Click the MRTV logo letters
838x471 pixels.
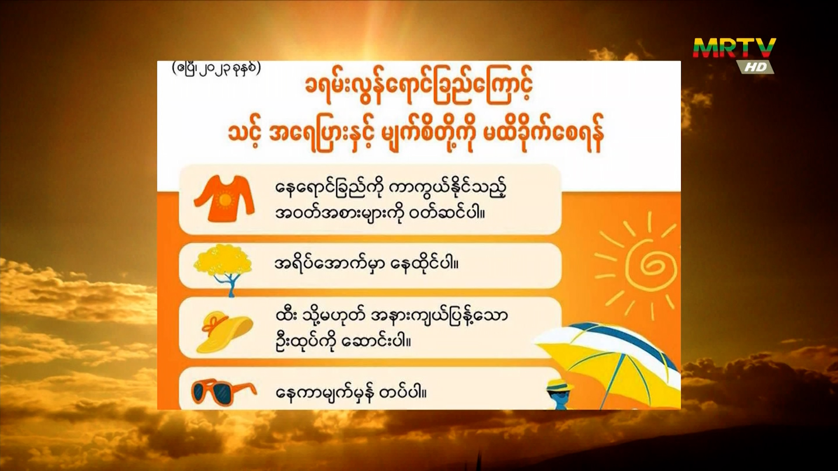735,48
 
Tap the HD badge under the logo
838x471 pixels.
756,67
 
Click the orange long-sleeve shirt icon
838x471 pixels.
224,199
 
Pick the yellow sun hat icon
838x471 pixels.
225,331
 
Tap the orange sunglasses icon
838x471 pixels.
224,392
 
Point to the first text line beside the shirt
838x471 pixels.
391,189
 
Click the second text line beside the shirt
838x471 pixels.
380,214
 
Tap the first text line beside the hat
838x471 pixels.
392,315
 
